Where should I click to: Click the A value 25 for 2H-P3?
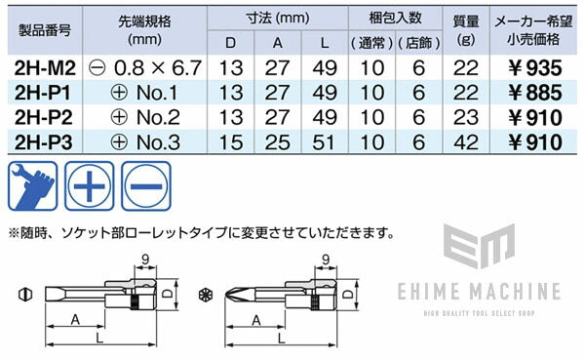tap(281, 141)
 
